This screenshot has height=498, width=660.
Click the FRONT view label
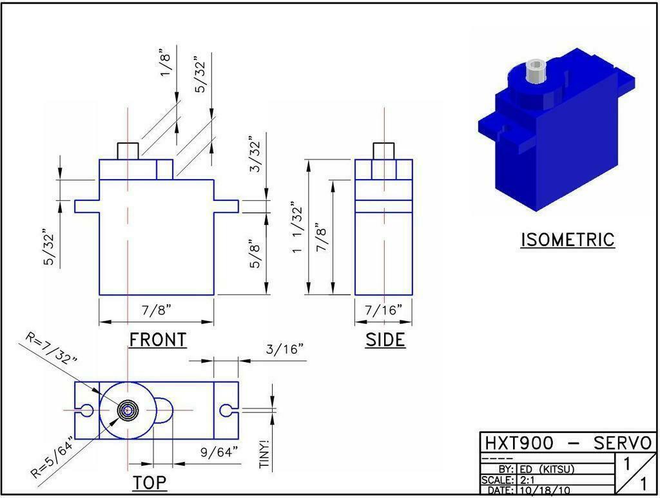158,340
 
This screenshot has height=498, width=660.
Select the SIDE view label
385,340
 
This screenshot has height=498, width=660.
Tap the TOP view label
150,482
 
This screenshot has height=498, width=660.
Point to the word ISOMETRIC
567,240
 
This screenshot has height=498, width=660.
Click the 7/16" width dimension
383,311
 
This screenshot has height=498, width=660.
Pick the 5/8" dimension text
255,254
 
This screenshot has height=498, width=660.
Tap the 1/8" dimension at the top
166,62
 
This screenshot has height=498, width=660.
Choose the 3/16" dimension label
284,349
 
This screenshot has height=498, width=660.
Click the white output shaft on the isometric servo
535,71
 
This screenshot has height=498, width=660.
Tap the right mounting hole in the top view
226,410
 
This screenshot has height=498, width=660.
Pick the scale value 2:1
527,480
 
